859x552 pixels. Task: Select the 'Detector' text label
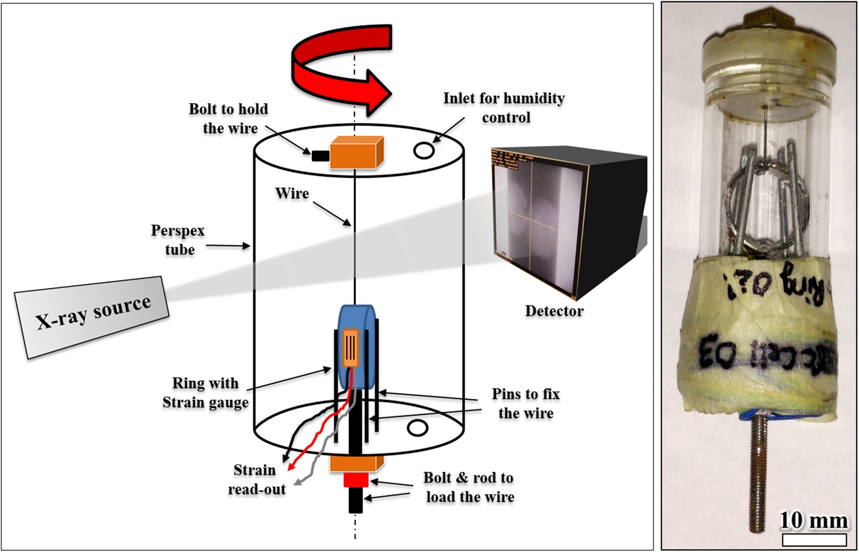tap(554, 311)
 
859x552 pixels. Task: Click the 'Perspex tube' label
tap(178, 240)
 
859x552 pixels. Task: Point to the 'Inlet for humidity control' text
tap(504, 108)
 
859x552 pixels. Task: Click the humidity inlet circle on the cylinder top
tap(424, 150)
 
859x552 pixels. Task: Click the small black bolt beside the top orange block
tap(320, 156)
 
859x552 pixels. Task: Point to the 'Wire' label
tap(292, 193)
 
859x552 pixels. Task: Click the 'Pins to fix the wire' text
tap(526, 404)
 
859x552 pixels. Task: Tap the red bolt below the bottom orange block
tap(355, 479)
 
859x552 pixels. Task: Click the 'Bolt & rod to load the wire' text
tap(469, 487)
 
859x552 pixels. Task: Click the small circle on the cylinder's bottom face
tap(417, 428)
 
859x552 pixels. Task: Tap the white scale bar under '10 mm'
tap(814, 540)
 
